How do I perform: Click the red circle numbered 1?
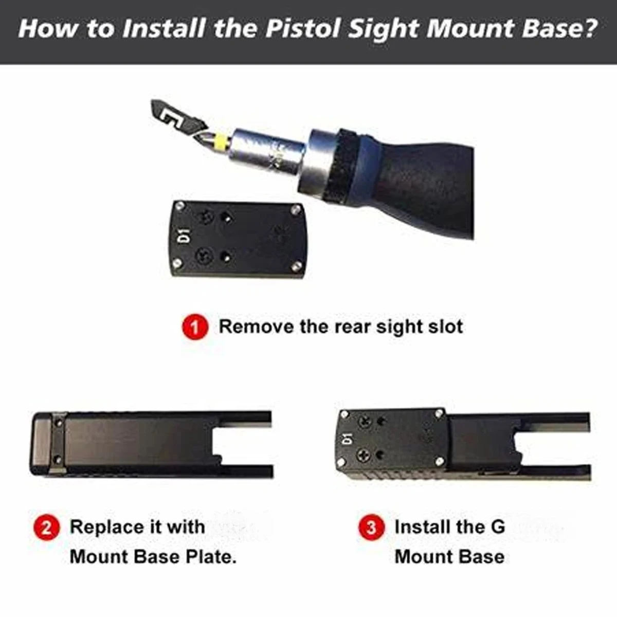[x=195, y=327]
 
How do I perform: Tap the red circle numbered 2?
[x=46, y=528]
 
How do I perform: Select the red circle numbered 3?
[x=371, y=528]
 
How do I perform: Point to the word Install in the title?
[x=164, y=28]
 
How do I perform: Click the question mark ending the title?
[x=590, y=28]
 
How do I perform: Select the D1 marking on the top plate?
[x=186, y=235]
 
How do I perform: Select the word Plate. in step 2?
[x=211, y=557]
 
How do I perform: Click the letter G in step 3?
[x=498, y=527]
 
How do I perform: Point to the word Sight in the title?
[x=384, y=29]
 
